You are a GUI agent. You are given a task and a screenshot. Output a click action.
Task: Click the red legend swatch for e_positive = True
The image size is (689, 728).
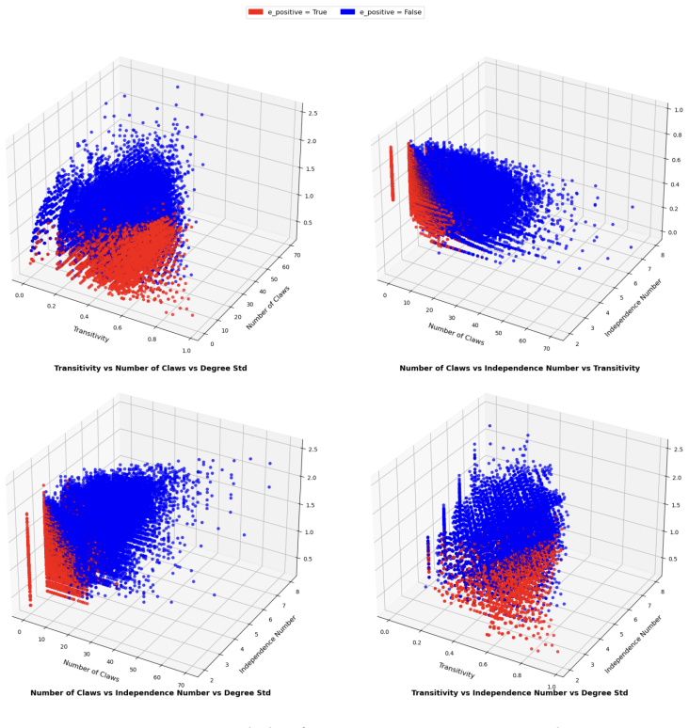pyautogui.click(x=255, y=12)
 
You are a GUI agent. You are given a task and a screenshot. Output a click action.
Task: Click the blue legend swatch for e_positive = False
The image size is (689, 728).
pyautogui.click(x=347, y=12)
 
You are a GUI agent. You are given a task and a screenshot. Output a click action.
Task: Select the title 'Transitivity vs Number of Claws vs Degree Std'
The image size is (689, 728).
pyautogui.click(x=151, y=368)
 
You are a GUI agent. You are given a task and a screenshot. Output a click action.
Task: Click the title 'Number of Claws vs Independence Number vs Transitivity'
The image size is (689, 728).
pyautogui.click(x=520, y=368)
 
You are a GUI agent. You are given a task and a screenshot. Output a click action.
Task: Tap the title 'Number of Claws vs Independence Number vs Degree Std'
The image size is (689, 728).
pyautogui.click(x=151, y=692)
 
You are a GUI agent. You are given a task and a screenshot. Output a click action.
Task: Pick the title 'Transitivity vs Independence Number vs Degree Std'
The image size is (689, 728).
pyautogui.click(x=520, y=692)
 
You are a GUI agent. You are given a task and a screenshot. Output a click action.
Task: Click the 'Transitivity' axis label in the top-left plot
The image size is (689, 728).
pyautogui.click(x=91, y=334)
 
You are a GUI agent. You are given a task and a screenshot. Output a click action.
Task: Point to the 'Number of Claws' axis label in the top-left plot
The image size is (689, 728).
pyautogui.click(x=267, y=308)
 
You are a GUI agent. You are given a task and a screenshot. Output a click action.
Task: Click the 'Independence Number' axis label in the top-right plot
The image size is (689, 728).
pyautogui.click(x=633, y=308)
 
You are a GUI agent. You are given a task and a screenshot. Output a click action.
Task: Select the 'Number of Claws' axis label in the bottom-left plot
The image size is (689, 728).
pyautogui.click(x=91, y=671)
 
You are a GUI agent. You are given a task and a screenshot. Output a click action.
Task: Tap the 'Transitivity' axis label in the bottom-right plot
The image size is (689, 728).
pyautogui.click(x=457, y=671)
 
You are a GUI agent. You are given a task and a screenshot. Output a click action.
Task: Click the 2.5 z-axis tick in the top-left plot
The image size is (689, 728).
pyautogui.click(x=312, y=113)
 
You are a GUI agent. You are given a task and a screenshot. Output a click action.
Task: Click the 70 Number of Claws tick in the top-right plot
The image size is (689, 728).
pyautogui.click(x=546, y=349)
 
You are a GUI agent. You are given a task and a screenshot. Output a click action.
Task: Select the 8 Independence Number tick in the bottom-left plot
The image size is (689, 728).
pyautogui.click(x=297, y=592)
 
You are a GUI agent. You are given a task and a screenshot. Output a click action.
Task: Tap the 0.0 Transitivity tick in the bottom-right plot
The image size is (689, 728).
pyautogui.click(x=385, y=632)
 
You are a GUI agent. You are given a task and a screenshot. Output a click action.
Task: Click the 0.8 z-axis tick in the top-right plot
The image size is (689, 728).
pyautogui.click(x=679, y=135)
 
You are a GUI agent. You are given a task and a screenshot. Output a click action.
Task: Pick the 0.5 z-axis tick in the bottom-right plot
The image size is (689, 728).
pyautogui.click(x=673, y=559)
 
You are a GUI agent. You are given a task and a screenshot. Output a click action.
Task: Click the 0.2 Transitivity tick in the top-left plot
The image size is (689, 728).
pyautogui.click(x=52, y=306)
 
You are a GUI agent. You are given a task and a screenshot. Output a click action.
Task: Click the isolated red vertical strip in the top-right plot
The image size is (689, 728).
pyautogui.click(x=392, y=173)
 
